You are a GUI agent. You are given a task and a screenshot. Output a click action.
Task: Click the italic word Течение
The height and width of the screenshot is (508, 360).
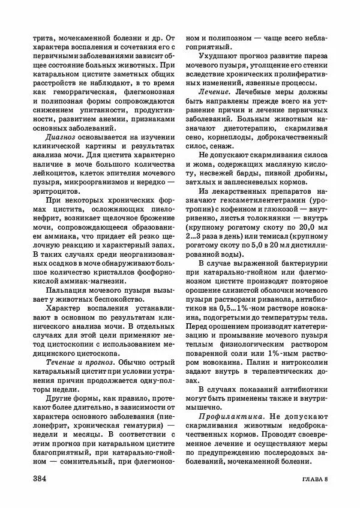point(59,363)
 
